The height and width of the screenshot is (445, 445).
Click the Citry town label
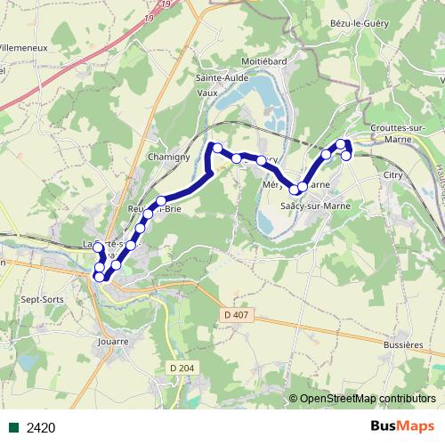tap(392, 175)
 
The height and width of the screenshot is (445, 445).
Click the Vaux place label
tap(206, 91)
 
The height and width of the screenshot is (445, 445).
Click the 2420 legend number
tap(42, 428)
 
